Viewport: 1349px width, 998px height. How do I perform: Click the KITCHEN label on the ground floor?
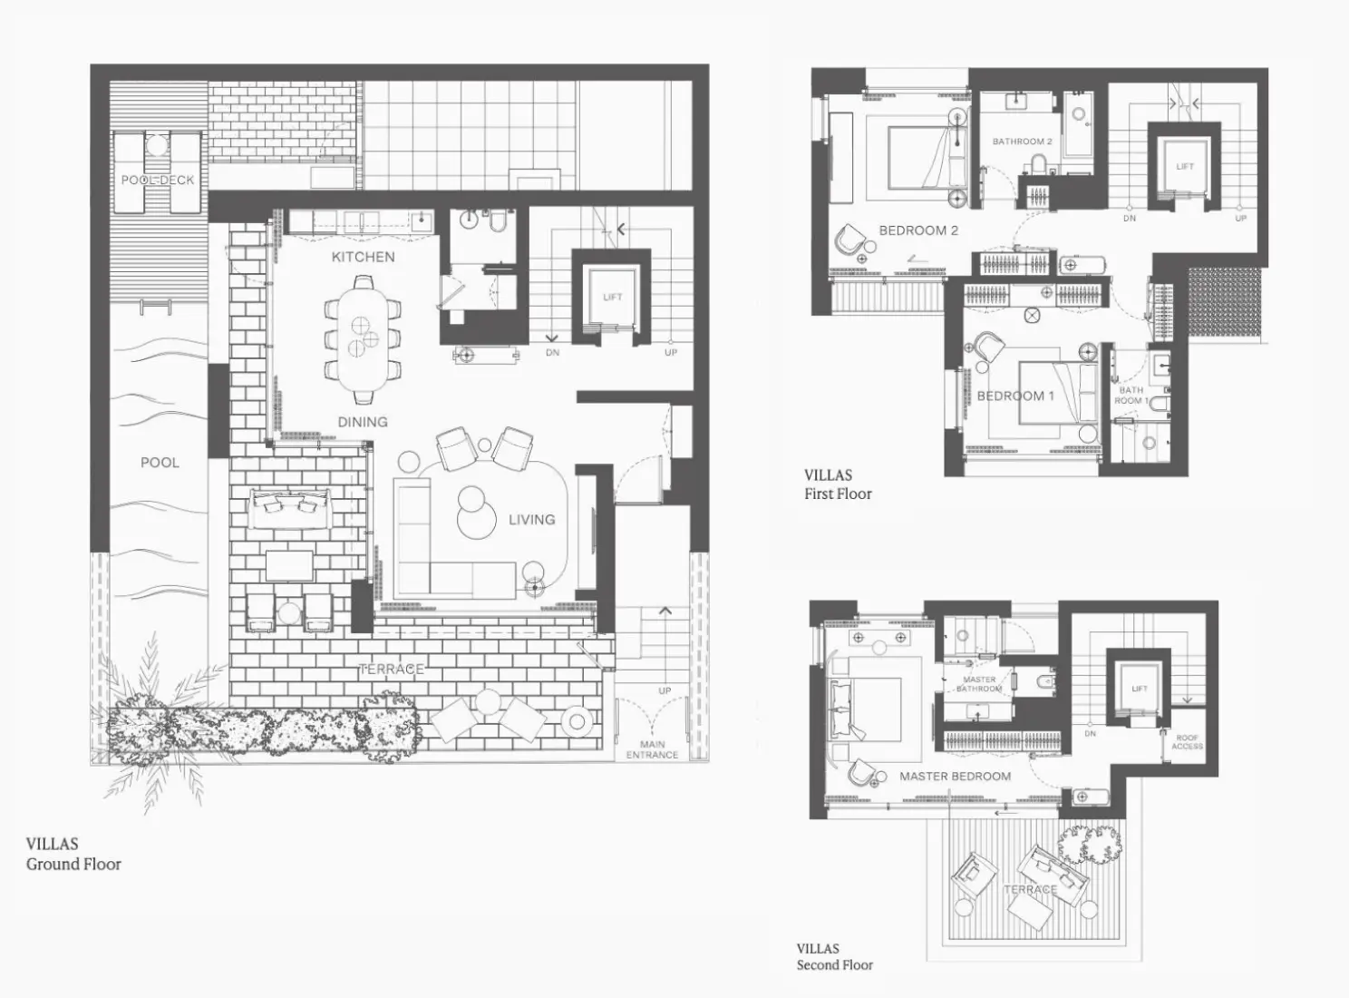pos(363,257)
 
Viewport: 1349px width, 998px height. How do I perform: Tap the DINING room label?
pos(363,422)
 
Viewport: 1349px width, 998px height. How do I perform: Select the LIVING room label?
pos(531,520)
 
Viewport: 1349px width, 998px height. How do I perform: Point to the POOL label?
pos(160,463)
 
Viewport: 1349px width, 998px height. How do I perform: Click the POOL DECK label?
pos(158,180)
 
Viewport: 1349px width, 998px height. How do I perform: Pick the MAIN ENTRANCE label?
pos(652,749)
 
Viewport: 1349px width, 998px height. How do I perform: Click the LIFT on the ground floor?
pos(613,298)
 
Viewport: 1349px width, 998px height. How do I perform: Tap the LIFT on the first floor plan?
pos(1185,167)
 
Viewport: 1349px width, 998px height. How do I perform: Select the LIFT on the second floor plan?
pos(1140,689)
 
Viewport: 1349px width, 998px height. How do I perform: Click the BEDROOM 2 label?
pos(918,230)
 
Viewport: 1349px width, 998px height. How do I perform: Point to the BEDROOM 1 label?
pos(1015,396)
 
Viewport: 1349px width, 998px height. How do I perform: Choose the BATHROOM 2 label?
pos(1022,142)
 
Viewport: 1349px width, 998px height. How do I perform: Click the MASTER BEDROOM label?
pos(955,777)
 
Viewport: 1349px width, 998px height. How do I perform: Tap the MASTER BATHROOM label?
pos(979,684)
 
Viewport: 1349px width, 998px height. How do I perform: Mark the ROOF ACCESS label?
pos(1187,742)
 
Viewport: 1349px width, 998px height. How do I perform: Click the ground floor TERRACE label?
pos(391,670)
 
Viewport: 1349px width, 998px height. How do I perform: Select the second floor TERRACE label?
pos(1030,889)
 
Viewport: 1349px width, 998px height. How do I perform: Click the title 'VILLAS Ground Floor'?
pos(73,854)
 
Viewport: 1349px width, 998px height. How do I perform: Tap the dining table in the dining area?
pos(363,336)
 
